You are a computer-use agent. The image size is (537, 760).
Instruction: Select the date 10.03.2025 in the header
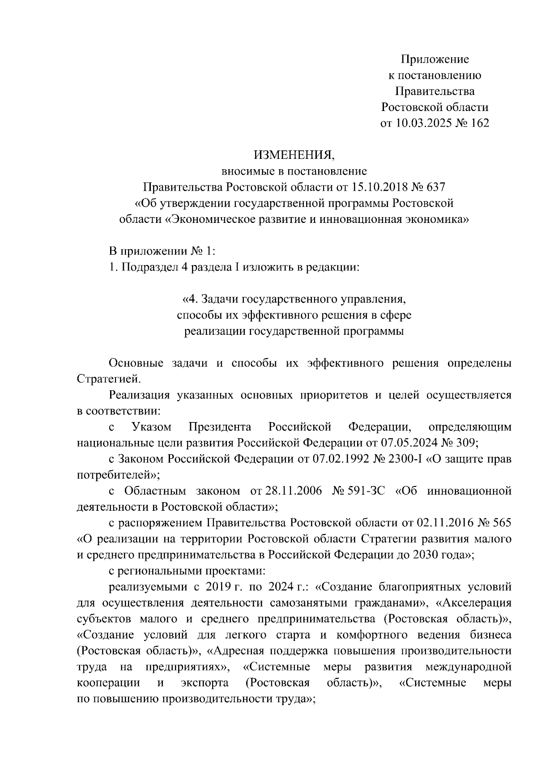[421, 123]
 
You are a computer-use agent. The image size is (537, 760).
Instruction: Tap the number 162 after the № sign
[480, 123]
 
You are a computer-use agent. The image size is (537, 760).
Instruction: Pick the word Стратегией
[109, 379]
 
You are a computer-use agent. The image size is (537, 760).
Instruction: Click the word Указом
[152, 427]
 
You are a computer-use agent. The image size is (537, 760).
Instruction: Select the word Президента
[220, 427]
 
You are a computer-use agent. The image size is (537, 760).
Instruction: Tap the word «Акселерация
[474, 603]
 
